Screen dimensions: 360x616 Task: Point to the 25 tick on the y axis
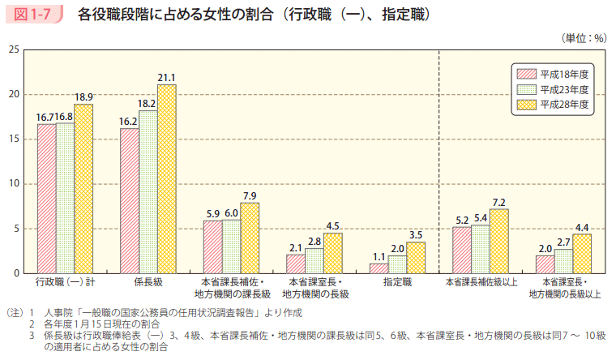click(x=15, y=50)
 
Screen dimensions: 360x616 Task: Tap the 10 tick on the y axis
click(x=15, y=184)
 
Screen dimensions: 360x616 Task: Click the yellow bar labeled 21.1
click(x=166, y=179)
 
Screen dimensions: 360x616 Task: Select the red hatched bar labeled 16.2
click(x=129, y=201)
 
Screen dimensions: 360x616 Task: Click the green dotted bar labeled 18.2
click(x=148, y=192)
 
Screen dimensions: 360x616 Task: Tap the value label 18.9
click(x=83, y=97)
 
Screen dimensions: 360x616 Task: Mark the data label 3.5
click(x=416, y=235)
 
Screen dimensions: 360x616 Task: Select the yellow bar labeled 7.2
click(x=498, y=241)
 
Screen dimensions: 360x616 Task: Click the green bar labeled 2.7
click(x=563, y=261)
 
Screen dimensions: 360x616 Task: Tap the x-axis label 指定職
click(x=397, y=282)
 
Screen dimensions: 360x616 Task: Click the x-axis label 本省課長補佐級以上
click(x=480, y=282)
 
